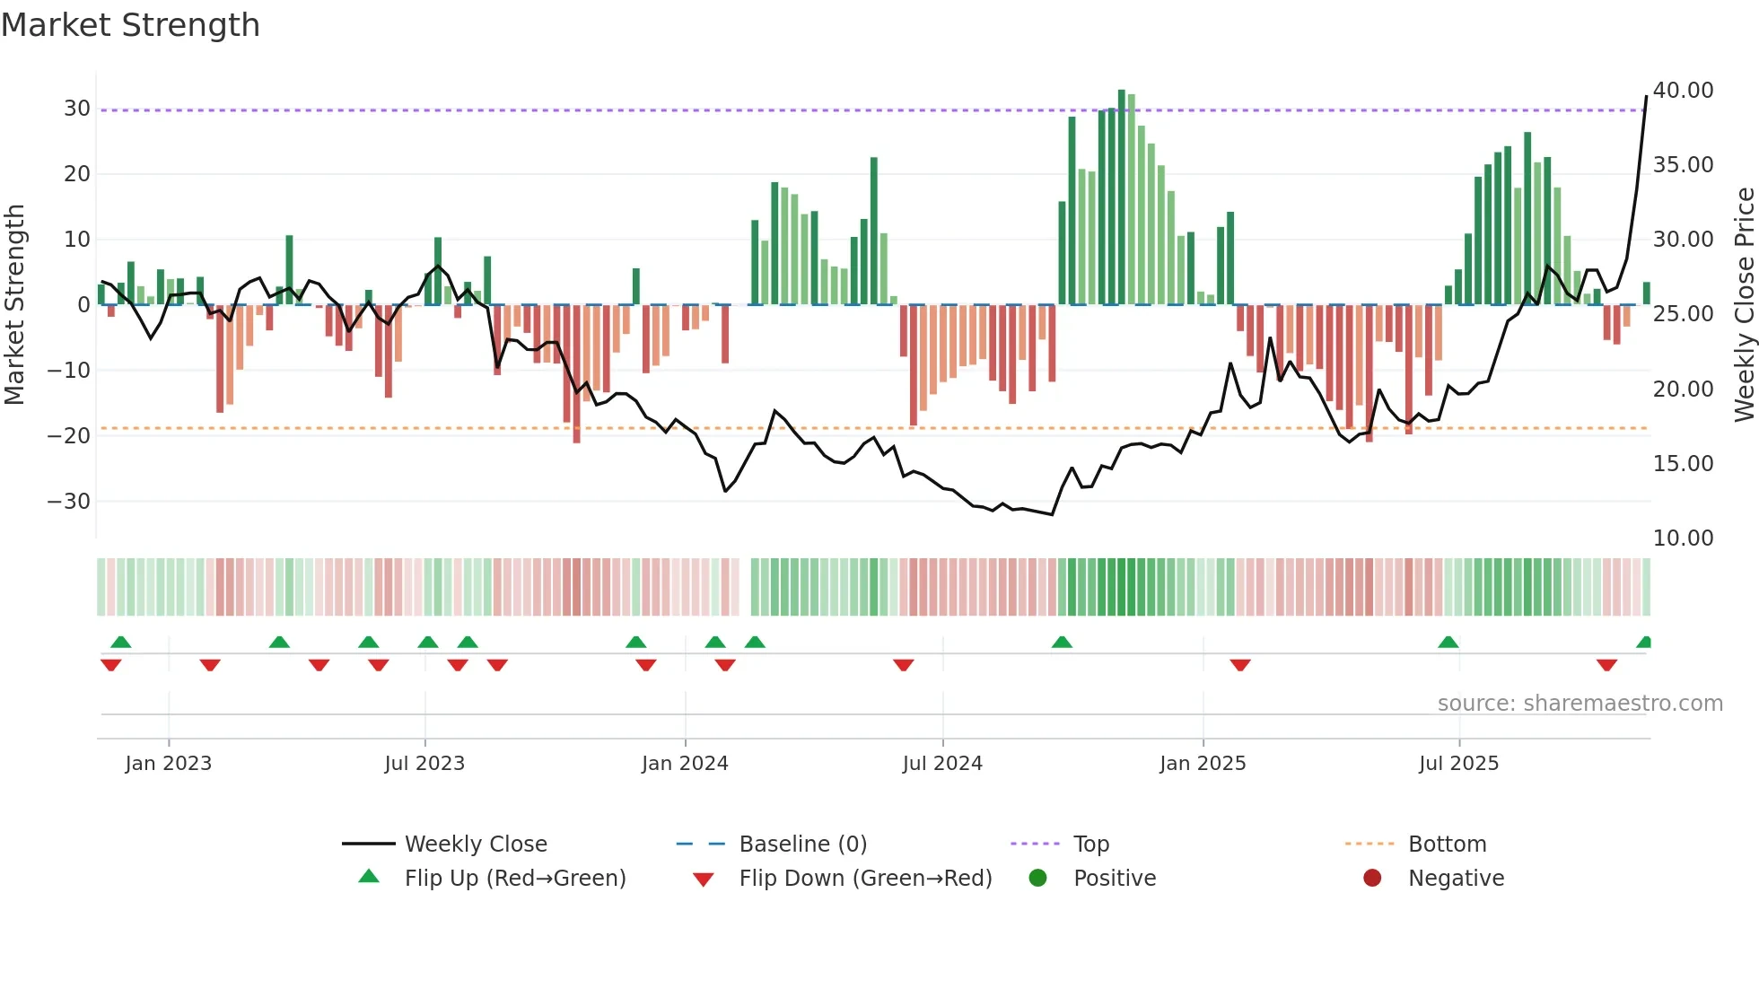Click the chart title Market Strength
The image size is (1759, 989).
130,25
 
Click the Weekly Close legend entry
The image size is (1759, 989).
475,845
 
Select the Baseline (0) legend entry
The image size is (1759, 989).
802,845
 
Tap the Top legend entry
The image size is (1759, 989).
1090,845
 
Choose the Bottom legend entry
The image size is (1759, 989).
1447,845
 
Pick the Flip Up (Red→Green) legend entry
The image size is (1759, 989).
514,879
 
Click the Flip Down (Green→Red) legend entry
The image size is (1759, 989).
865,879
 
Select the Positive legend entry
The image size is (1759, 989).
1114,879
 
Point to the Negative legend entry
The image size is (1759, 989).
1455,879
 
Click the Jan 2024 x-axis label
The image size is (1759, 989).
685,764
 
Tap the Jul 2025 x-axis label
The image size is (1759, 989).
1458,764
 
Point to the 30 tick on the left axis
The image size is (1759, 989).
77,109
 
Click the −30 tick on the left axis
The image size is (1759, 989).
69,502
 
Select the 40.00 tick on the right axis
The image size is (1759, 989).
1683,91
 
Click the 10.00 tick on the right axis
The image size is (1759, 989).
1683,538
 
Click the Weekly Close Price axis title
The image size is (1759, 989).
1744,305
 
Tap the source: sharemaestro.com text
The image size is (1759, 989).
1580,704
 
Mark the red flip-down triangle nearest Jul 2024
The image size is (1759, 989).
904,665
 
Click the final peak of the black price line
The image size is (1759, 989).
1646,97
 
